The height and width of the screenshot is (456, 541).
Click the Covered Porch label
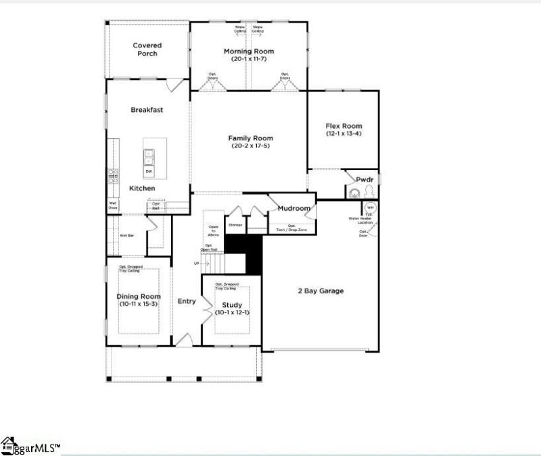[x=147, y=49]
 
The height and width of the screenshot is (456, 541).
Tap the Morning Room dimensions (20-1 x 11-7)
[x=248, y=60]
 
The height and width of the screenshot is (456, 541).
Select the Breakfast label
[x=147, y=110]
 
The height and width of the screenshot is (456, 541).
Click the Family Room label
[x=250, y=138]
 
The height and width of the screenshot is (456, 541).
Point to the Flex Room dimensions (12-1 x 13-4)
[x=344, y=133]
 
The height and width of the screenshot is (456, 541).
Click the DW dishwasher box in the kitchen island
[x=148, y=171]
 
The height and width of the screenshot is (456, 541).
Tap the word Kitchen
[x=142, y=188]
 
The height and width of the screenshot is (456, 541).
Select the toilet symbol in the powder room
[x=353, y=192]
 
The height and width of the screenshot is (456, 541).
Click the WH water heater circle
[x=370, y=207]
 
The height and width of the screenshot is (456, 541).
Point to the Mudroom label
[x=293, y=209]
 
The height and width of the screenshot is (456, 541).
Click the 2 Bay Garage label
[x=321, y=291]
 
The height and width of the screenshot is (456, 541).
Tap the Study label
[x=232, y=305]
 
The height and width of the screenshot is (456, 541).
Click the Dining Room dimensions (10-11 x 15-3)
[x=139, y=305]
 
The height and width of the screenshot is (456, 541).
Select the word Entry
[x=186, y=302]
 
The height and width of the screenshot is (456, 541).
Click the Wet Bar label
[x=126, y=235]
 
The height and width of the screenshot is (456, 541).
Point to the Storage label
[x=235, y=224]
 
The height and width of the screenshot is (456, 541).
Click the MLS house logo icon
[x=8, y=444]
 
